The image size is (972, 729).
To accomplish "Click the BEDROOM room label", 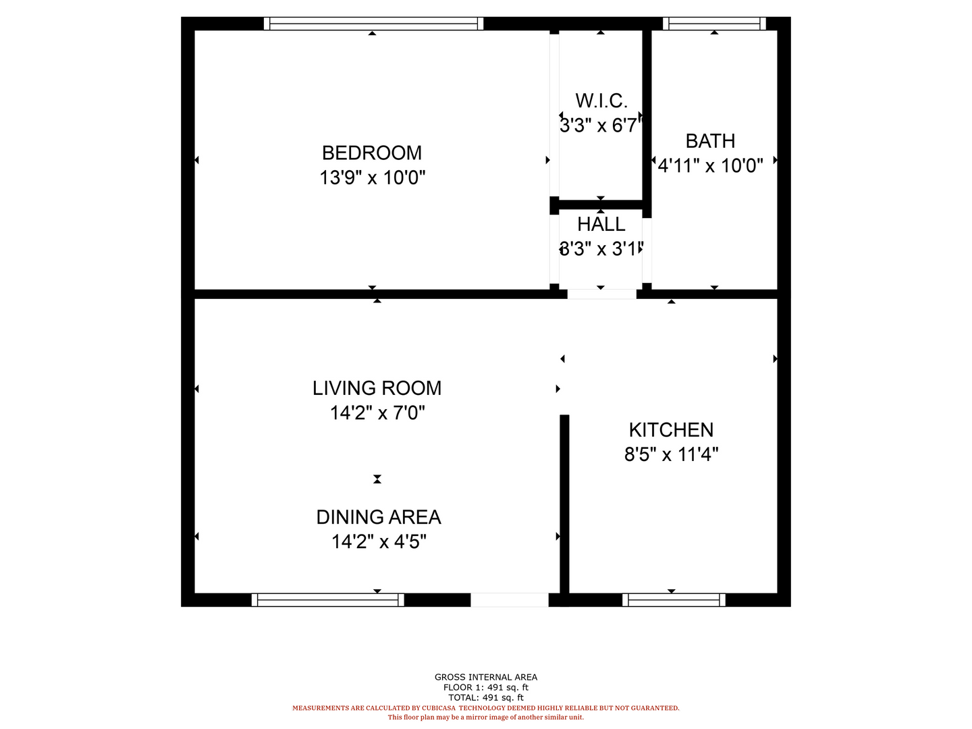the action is [371, 153].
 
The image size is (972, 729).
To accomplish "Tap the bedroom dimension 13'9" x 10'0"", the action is [373, 178].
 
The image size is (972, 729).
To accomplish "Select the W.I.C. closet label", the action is [601, 101].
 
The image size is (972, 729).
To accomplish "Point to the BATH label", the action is [710, 141].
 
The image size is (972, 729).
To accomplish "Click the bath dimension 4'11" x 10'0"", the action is [710, 166].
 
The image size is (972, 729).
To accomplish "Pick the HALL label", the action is [601, 224].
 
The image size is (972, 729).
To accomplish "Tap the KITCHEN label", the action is [671, 430].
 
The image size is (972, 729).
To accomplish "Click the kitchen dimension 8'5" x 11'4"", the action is [671, 454].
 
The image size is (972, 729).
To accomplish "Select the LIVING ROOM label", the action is [377, 388].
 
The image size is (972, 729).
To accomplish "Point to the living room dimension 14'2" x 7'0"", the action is [377, 413].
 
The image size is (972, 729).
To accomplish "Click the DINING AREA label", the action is [378, 517].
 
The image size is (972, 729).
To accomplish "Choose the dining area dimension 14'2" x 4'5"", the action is [379, 541].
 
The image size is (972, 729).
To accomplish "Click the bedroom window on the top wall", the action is [373, 24].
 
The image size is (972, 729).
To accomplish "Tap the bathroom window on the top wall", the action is [714, 24].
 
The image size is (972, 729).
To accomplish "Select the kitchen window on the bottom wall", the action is [674, 600].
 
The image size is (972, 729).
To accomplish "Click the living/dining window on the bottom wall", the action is [327, 600].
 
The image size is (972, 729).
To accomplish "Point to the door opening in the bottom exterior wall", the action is [509, 600].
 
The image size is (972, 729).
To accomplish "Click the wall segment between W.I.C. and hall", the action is [601, 205].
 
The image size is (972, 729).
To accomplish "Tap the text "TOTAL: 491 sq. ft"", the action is [486, 697].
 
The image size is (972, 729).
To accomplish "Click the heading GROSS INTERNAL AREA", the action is [486, 677].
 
